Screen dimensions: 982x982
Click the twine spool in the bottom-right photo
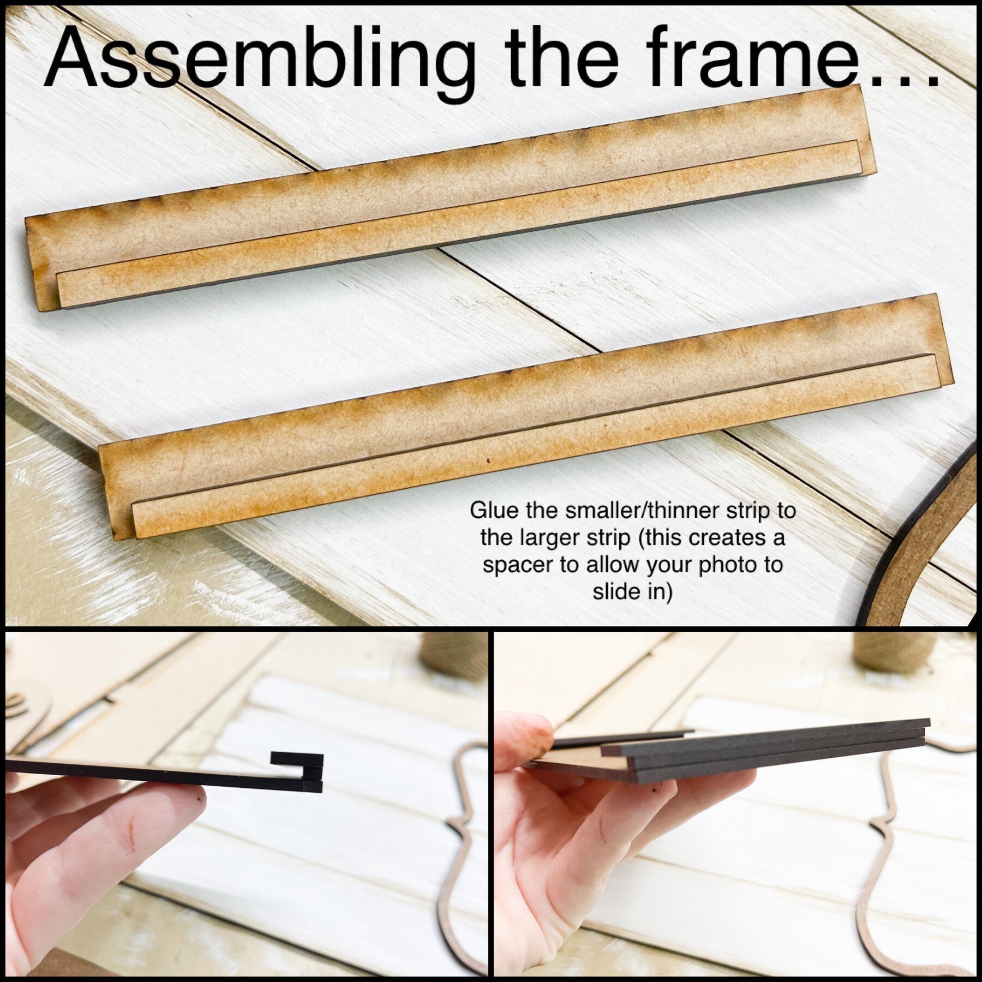click(878, 655)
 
